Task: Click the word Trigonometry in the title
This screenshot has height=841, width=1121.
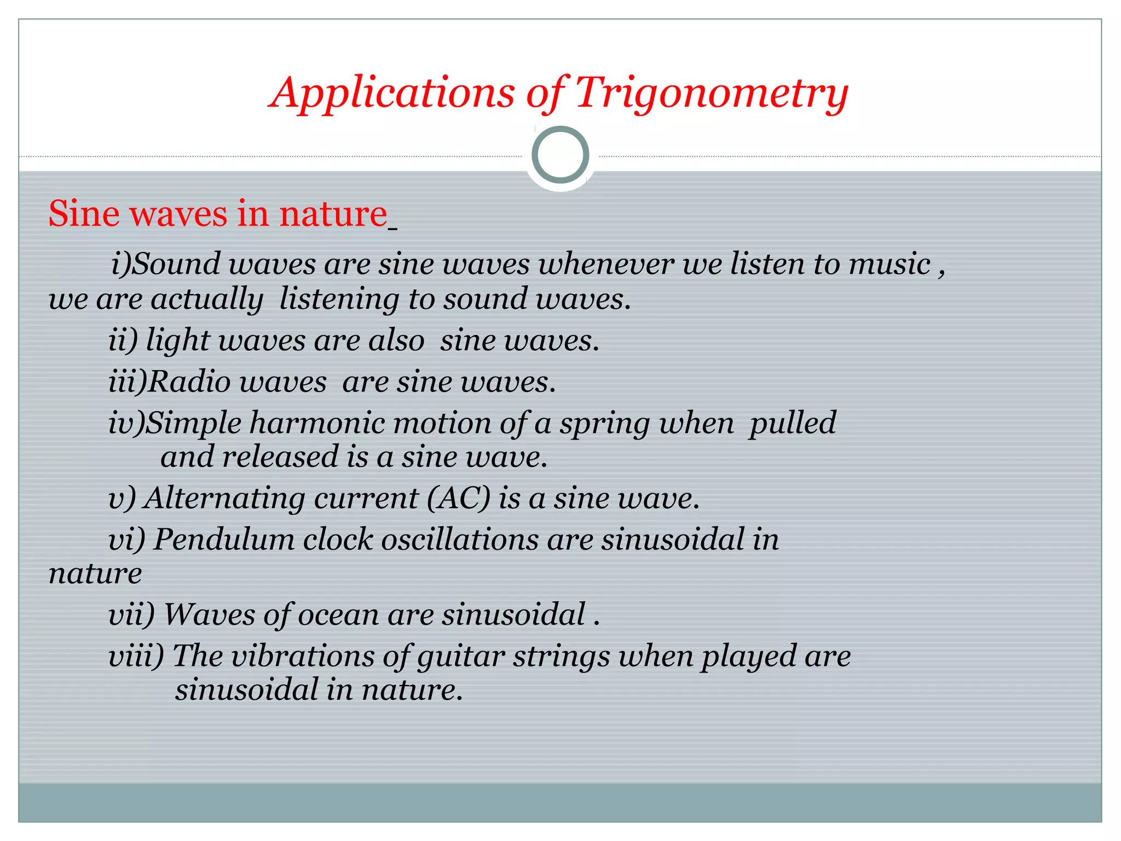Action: pos(712,93)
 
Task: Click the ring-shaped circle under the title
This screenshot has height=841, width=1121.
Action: pos(560,155)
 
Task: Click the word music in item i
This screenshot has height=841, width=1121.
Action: pos(889,264)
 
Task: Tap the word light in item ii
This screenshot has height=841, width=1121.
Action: pos(177,341)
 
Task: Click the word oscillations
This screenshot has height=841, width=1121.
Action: pos(460,539)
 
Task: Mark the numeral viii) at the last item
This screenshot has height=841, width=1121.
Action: pos(136,655)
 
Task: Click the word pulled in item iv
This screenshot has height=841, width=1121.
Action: pos(793,423)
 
